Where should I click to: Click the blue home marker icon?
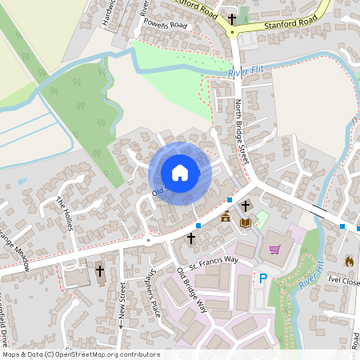point(180,173)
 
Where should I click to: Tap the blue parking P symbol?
point(262,278)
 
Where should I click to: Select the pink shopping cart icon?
point(274,250)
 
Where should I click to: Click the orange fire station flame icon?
point(349,261)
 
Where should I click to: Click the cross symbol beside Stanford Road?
point(232,18)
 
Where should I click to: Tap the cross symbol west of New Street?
point(100,272)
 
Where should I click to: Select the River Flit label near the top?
point(245,74)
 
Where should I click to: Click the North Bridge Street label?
point(242,132)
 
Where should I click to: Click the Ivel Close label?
point(343,282)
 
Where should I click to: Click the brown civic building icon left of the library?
point(226,217)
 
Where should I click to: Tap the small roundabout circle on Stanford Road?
point(232,33)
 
